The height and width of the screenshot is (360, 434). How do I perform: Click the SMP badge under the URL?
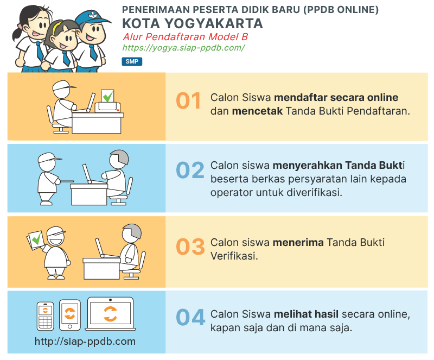click(x=132, y=62)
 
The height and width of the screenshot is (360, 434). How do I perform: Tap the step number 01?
click(x=189, y=101)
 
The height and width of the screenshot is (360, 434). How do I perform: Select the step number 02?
click(x=190, y=170)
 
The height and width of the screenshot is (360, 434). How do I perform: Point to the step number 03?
click(x=190, y=247)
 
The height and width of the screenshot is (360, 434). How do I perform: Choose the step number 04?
click(x=190, y=318)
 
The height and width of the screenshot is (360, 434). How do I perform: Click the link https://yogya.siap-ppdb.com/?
click(x=183, y=48)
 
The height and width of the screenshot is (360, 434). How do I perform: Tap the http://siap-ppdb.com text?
click(x=85, y=342)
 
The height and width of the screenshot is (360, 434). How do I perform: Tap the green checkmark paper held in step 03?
click(x=36, y=239)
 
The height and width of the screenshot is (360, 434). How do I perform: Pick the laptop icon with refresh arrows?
click(x=110, y=313)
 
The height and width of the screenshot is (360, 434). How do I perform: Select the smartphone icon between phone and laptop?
click(x=70, y=314)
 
